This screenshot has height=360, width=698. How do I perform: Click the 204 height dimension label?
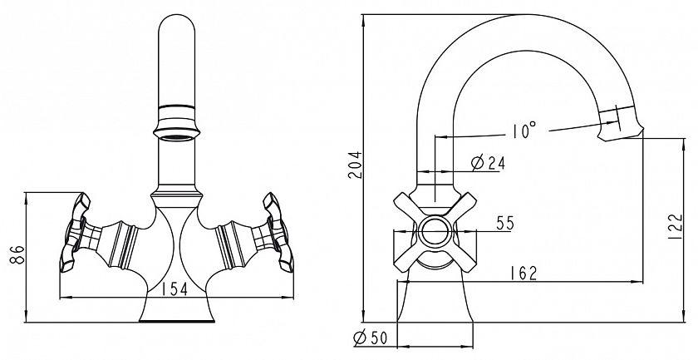[356, 165]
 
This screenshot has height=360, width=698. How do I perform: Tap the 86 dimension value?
[17, 254]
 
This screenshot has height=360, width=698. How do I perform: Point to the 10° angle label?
[523, 131]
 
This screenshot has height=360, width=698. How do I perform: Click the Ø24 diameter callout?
[488, 163]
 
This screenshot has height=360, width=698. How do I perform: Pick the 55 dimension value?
[505, 223]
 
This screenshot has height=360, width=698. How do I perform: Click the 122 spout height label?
[675, 226]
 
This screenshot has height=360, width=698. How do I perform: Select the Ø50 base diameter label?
[370, 338]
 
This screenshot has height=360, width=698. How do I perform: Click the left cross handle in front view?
[75, 232]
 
